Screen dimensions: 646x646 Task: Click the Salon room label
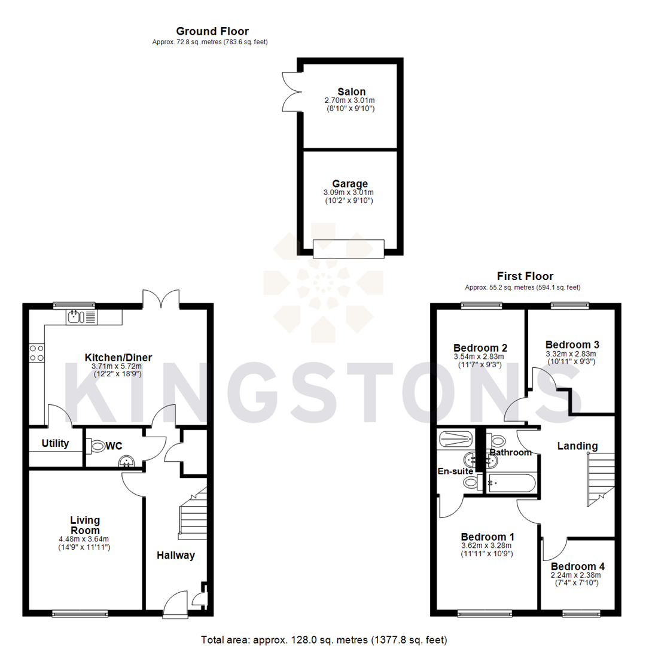[351, 92]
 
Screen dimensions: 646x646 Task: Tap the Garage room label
[350, 184]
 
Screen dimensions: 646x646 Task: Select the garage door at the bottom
[348, 248]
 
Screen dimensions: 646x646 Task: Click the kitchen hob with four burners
[36, 352]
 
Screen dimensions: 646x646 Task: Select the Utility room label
[55, 444]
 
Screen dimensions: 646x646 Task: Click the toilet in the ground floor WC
[97, 445]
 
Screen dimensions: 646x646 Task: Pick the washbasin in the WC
[126, 461]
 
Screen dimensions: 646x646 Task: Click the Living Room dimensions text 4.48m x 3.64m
[84, 539]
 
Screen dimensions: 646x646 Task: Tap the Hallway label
[176, 555]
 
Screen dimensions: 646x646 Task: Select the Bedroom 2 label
[480, 348]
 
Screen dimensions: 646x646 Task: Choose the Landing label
[577, 446]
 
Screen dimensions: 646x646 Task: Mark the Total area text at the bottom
[322, 640]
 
